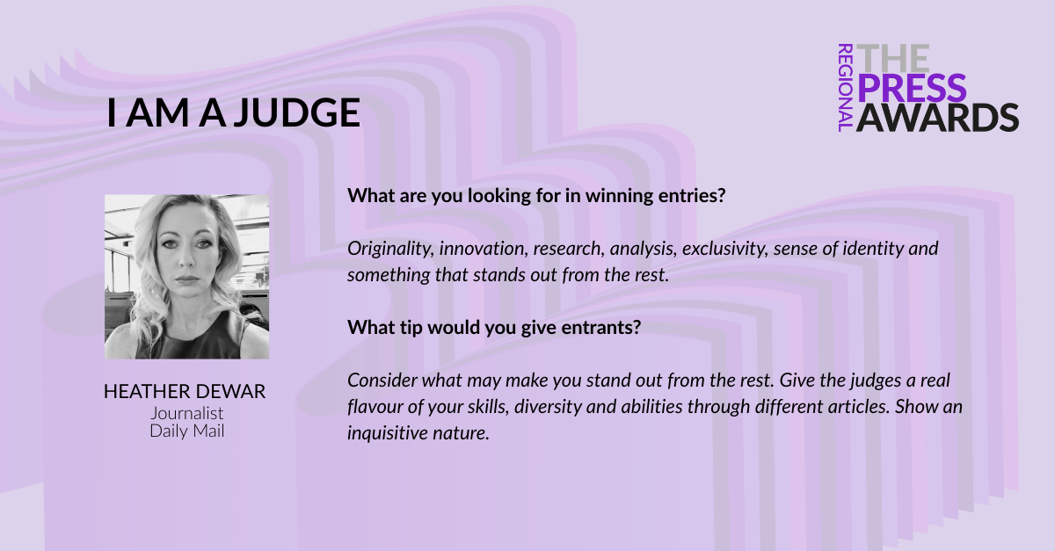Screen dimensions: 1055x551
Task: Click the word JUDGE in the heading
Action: click(x=297, y=112)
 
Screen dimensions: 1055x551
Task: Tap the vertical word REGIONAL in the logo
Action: click(x=846, y=88)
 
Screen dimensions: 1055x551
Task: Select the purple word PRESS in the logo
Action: click(x=912, y=88)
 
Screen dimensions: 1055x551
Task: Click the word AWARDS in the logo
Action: click(x=937, y=117)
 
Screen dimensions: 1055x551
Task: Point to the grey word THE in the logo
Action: click(x=893, y=58)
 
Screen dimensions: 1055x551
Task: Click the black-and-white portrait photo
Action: click(x=187, y=277)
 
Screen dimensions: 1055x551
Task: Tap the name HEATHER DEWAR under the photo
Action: click(x=185, y=391)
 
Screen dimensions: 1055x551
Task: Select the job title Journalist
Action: click(x=187, y=413)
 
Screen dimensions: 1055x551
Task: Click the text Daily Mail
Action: click(x=187, y=431)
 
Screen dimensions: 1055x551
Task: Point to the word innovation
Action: click(x=484, y=249)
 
